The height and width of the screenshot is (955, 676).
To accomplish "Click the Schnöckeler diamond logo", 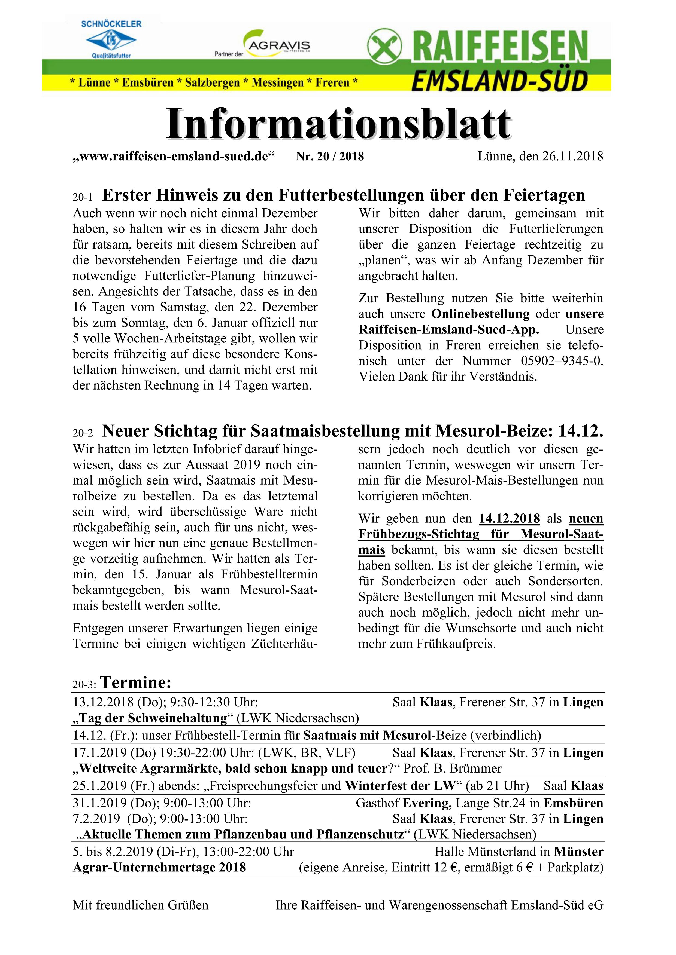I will click(x=111, y=40).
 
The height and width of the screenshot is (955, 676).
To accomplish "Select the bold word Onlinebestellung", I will click(x=480, y=314).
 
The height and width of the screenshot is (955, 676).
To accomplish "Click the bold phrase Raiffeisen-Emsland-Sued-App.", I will click(x=449, y=329).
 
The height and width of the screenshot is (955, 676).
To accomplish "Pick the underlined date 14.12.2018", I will click(x=510, y=519).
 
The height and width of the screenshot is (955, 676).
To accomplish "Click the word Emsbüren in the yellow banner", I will click(x=147, y=82).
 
